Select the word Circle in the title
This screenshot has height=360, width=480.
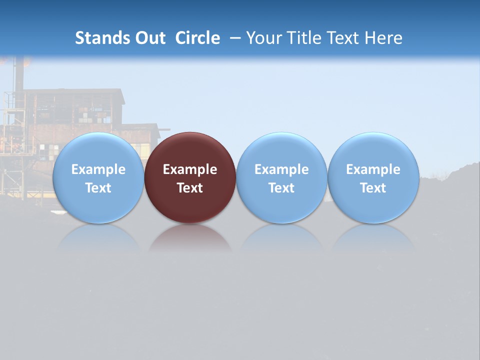click(x=197, y=38)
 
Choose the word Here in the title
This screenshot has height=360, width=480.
click(x=382, y=38)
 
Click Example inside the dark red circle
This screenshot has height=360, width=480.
click(x=190, y=169)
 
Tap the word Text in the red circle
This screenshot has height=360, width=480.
click(x=190, y=188)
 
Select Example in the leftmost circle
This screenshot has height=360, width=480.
click(x=98, y=169)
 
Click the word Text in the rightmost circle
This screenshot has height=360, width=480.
click(x=373, y=188)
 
